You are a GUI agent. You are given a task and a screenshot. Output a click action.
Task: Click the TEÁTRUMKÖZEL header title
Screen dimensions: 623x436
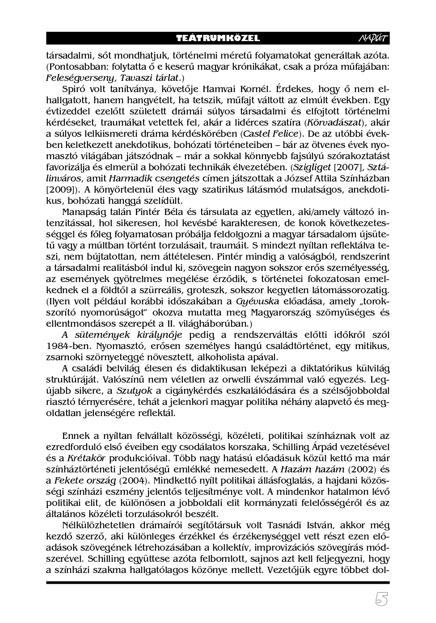218,38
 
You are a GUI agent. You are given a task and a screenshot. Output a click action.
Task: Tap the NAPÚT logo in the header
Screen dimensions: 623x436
374,38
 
